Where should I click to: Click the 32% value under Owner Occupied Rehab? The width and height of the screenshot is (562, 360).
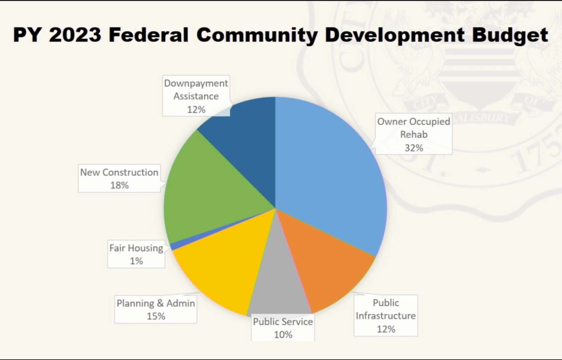[x=414, y=148]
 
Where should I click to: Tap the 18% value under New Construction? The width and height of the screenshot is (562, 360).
[x=119, y=185]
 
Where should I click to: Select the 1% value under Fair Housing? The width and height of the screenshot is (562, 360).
[x=136, y=261]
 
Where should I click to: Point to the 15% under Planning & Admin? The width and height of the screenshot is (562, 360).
[x=156, y=316]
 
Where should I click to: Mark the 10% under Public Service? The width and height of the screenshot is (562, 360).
[x=283, y=335]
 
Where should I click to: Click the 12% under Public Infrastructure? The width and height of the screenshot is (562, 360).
[x=386, y=329]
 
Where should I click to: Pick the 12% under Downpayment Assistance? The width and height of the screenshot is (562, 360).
[x=196, y=109]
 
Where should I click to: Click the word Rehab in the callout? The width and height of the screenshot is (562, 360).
[x=414, y=134]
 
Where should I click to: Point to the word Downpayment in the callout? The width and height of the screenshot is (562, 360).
[x=196, y=83]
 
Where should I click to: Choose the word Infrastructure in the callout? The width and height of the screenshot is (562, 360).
[x=386, y=316]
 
